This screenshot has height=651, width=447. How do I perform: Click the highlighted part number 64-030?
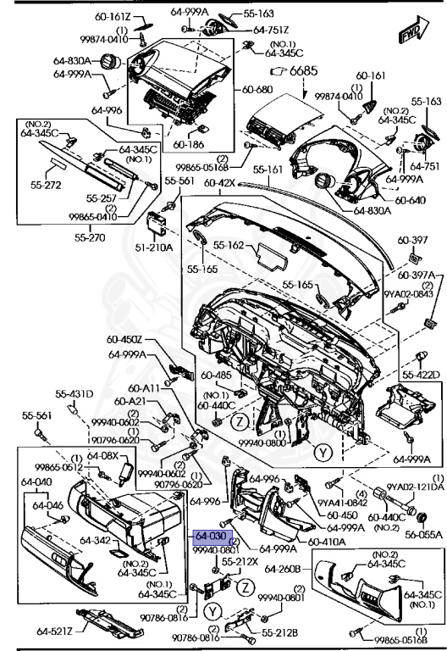point(211,537)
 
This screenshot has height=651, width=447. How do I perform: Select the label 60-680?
point(258,89)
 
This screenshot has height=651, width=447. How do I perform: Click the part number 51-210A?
point(156,247)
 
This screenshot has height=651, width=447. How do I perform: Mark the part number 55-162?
point(229,245)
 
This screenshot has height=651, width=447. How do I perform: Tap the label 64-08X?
point(104,455)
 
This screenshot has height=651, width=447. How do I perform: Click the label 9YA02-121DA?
point(416,487)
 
